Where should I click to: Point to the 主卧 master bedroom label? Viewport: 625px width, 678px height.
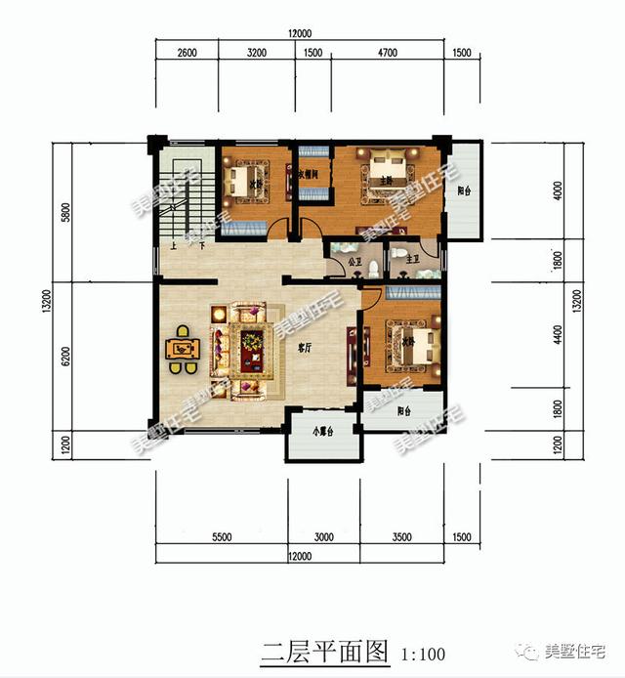(385, 180)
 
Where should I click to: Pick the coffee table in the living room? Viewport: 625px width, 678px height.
(253, 343)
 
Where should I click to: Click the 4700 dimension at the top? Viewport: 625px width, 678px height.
(387, 54)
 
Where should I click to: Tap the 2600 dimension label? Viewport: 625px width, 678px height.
(187, 54)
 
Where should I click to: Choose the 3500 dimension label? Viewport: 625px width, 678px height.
(401, 537)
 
